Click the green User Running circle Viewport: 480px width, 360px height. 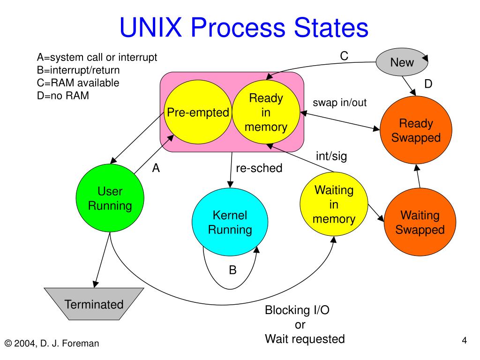tap(110, 198)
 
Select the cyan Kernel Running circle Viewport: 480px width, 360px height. tap(230, 222)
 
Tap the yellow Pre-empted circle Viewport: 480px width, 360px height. tap(198, 112)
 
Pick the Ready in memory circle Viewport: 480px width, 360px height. tap(266, 112)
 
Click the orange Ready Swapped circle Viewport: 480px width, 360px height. tap(416, 130)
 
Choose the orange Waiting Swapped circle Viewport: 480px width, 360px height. tap(420, 222)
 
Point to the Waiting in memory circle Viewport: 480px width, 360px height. tap(334, 204)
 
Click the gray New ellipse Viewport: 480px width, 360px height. tap(402, 62)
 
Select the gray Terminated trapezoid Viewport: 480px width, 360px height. tap(94, 304)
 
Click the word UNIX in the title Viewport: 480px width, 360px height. tap(150, 27)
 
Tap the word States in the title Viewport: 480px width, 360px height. tap(331, 27)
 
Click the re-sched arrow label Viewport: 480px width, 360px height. tap(259, 168)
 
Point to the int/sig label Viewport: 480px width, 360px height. tap(331, 156)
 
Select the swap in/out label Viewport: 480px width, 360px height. tap(339, 103)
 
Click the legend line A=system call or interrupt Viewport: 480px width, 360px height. tap(97, 57)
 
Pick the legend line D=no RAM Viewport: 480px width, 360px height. tap(63, 96)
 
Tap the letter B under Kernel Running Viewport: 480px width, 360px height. tap(232, 270)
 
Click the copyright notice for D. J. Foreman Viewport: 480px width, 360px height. tap(52, 344)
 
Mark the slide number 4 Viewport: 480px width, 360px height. tap(465, 340)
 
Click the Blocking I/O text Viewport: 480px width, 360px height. tap(297, 310)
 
